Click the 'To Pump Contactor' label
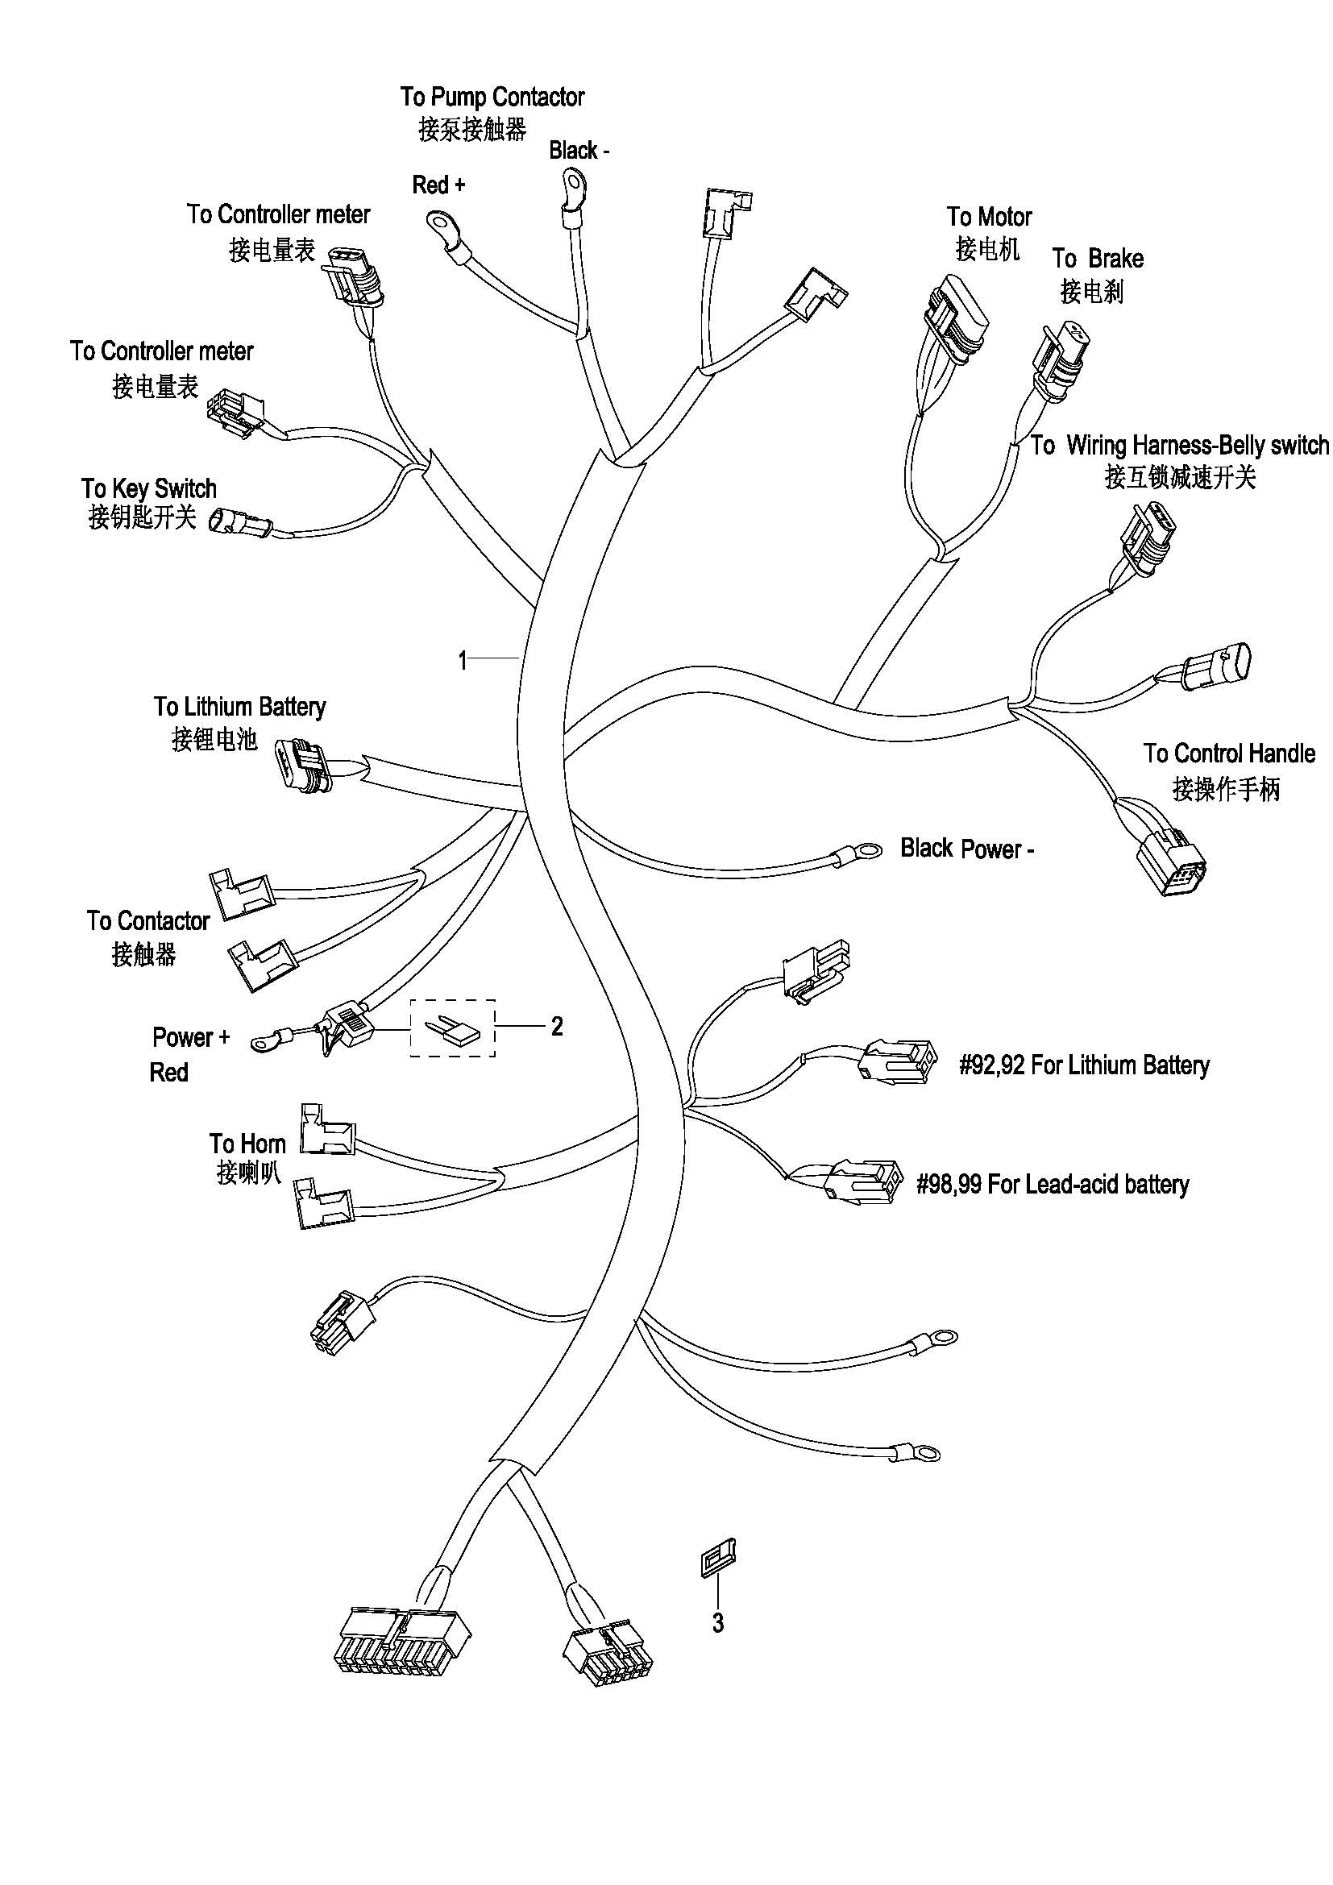[x=492, y=97]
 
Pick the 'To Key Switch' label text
[x=148, y=488]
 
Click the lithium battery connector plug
[x=302, y=766]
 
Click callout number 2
[x=557, y=1026]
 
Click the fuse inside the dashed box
[x=442, y=1028]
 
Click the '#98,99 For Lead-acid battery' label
[x=1053, y=1185]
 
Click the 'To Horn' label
[x=247, y=1144]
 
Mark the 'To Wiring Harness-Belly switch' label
[x=1180, y=446]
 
